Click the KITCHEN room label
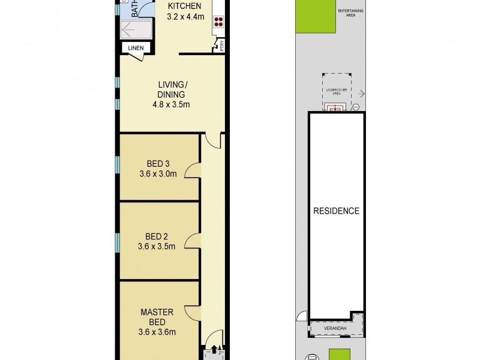[x=184, y=7]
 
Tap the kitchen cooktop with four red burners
[x=218, y=22]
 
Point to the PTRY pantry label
[x=221, y=46]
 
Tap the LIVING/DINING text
[x=171, y=89]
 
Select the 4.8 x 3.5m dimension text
[x=171, y=105]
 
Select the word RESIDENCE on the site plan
[x=336, y=211]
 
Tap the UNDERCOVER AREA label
[x=337, y=91]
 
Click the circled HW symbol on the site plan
[x=355, y=107]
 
